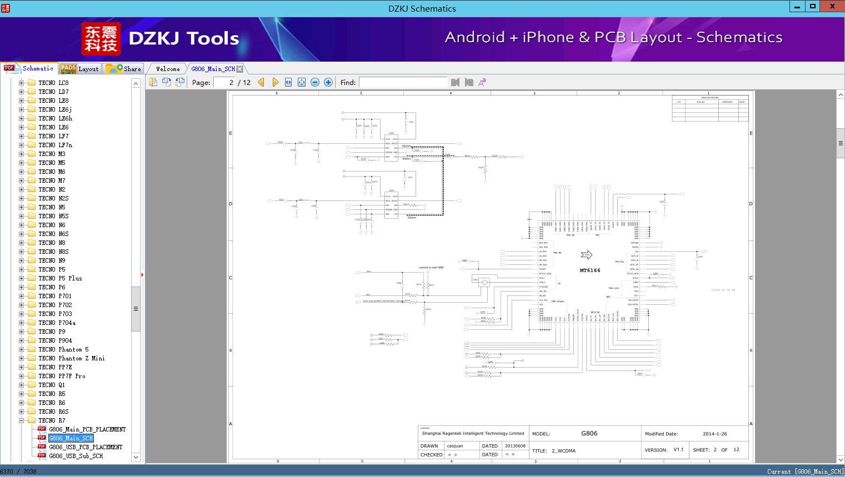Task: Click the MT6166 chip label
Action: click(589, 270)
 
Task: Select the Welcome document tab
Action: click(168, 69)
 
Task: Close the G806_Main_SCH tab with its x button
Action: click(239, 69)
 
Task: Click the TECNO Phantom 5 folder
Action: click(63, 349)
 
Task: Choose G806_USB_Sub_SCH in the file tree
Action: click(76, 456)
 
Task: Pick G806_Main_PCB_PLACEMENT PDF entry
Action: click(87, 429)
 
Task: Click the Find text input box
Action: click(403, 82)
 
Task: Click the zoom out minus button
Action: click(315, 82)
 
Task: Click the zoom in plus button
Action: click(328, 82)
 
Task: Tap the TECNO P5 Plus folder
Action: click(60, 278)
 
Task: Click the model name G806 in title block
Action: click(589, 433)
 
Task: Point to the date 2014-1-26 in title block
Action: click(714, 434)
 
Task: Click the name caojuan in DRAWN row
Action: click(455, 446)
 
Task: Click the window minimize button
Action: click(797, 7)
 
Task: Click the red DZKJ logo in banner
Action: click(101, 39)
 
